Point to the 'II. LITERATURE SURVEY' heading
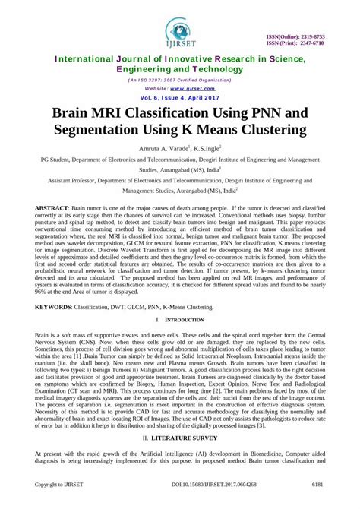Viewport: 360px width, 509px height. [x=180, y=439]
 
